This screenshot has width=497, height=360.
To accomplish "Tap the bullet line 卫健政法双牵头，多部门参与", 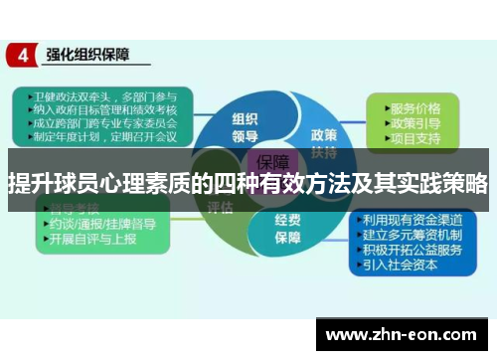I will pos(99,96).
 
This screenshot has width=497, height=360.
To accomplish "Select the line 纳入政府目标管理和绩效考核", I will pos(99,110).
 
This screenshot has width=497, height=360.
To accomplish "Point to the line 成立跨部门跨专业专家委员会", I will pos(99,124).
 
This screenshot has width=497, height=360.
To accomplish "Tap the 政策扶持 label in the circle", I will pos(323,141).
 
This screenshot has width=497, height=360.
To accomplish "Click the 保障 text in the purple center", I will pos(273,161).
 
